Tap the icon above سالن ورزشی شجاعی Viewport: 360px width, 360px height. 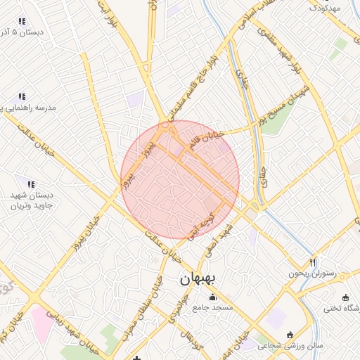(x=290, y=334)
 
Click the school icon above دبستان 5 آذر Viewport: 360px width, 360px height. (x=22, y=21)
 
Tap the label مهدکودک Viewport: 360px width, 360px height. (x=325, y=8)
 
